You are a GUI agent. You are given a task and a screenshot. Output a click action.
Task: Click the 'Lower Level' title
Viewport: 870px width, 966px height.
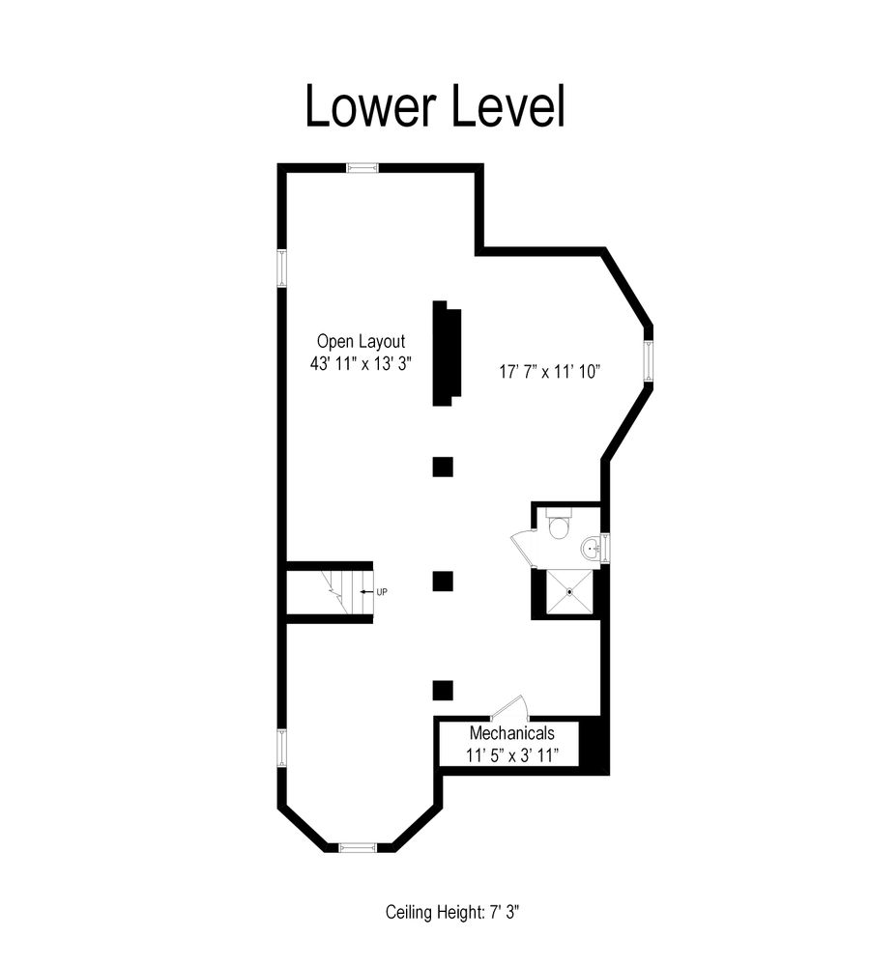tap(434, 106)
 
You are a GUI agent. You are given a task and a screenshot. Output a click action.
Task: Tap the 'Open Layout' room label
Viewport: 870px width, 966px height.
tap(361, 341)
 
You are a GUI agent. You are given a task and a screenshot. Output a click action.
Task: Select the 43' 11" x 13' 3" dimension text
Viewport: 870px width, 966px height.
tap(362, 365)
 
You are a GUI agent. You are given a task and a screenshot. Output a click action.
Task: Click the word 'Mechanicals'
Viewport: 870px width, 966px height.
tap(511, 733)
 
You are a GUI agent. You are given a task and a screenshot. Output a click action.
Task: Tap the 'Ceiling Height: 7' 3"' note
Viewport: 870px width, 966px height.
tap(453, 911)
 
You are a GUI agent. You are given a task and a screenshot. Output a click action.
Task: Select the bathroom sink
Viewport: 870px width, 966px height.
tap(591, 550)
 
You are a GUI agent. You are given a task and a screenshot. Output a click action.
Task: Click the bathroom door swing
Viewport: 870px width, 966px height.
tap(522, 548)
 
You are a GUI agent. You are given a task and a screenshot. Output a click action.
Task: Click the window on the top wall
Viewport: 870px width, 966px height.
tap(362, 168)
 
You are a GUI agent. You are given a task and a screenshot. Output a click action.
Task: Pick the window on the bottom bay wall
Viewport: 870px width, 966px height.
tap(357, 847)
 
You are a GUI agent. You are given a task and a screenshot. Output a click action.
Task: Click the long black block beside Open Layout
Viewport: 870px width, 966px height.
tap(446, 353)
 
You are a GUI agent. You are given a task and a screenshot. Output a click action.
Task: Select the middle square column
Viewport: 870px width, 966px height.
tap(443, 581)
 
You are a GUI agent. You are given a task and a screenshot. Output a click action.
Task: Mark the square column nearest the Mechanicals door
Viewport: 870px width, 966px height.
tap(443, 690)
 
